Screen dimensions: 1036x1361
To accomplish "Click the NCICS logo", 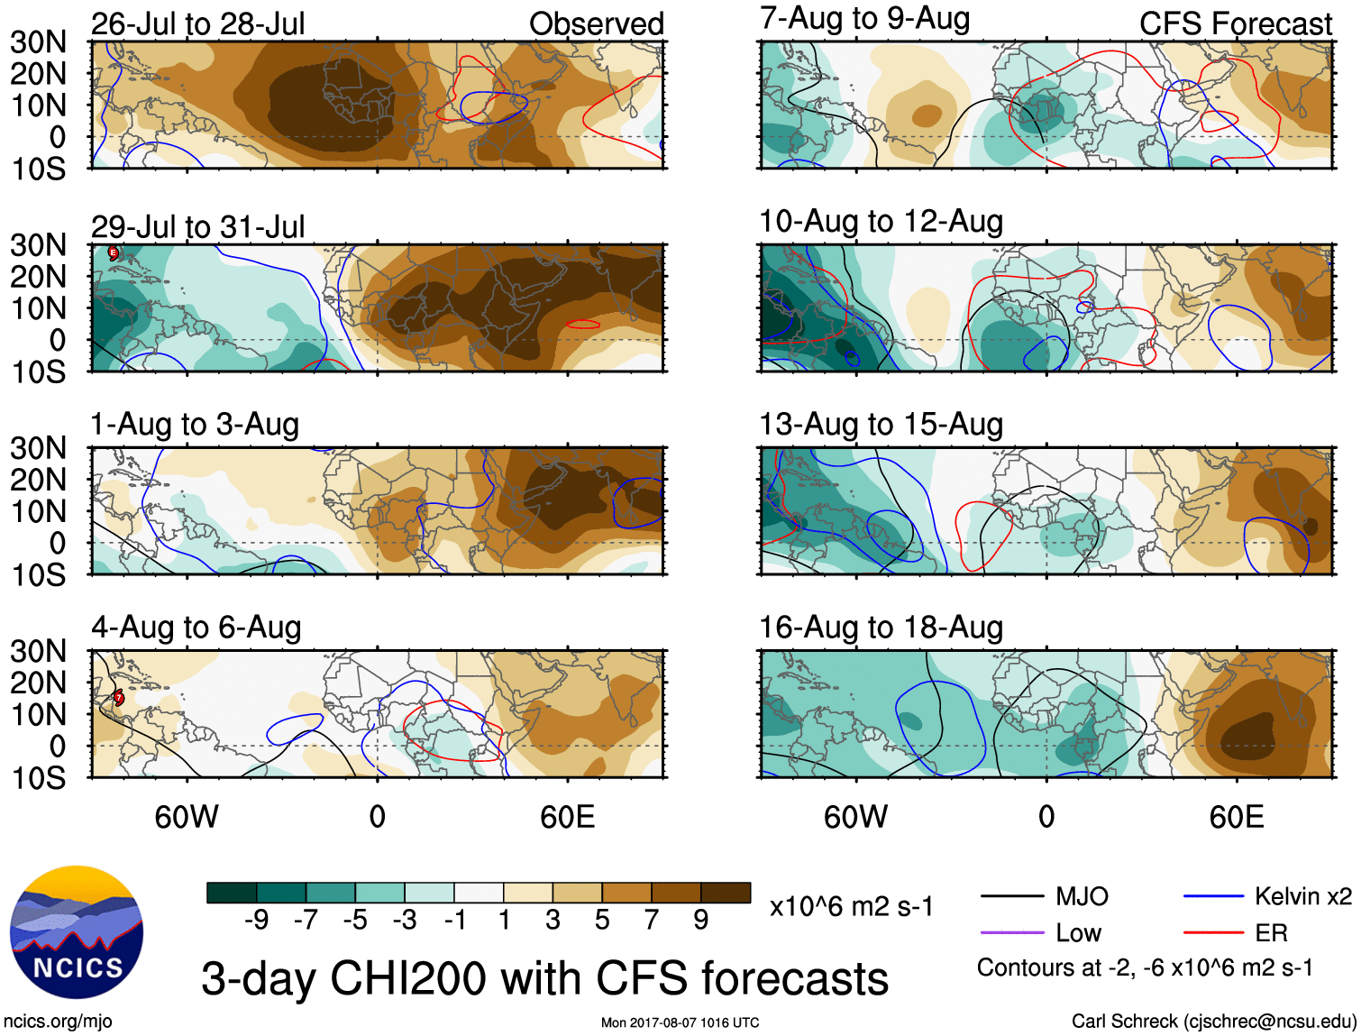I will click(77, 932).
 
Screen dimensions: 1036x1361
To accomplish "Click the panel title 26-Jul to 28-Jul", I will click(198, 23).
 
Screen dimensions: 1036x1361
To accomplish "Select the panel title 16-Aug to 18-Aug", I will click(881, 627).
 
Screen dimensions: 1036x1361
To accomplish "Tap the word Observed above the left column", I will click(596, 23).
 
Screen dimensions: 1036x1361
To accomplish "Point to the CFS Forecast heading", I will click(1235, 23).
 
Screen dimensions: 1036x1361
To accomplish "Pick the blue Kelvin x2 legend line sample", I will click(1213, 896).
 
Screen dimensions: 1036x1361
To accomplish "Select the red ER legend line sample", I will click(1213, 932).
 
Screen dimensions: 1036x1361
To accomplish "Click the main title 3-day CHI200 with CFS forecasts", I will click(544, 978).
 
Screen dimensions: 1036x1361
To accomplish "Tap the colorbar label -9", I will click(256, 920).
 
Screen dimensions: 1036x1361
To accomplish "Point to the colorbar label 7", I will click(652, 920).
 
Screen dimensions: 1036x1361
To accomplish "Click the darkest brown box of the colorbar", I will click(726, 893).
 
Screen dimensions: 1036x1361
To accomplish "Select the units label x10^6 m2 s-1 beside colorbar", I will click(852, 906).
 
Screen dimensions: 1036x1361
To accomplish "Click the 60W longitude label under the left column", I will click(187, 817).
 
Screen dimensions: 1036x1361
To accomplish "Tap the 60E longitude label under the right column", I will click(1236, 817).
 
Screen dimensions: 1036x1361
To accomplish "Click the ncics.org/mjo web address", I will click(58, 1022).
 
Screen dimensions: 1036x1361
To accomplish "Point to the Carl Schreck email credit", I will click(1213, 1022).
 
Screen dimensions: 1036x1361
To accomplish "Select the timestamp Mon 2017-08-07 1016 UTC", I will click(680, 1022).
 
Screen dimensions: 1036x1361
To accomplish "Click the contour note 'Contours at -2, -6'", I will click(1145, 967).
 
